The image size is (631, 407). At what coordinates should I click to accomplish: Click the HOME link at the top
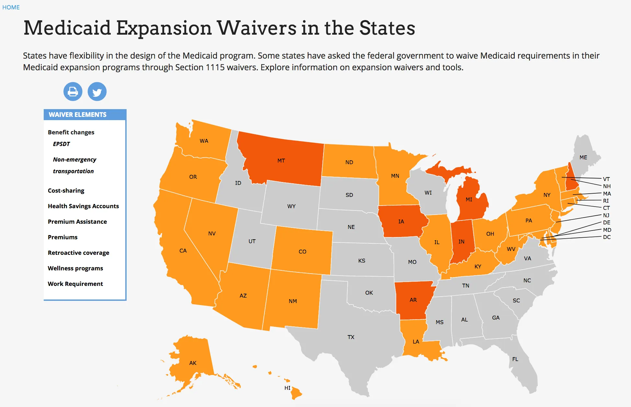tap(11, 7)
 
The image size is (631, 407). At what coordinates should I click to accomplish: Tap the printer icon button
tap(73, 92)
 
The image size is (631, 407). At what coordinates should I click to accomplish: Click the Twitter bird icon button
tap(97, 92)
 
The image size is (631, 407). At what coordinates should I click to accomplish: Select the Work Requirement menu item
tap(75, 284)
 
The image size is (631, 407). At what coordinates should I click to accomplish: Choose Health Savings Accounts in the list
tap(83, 206)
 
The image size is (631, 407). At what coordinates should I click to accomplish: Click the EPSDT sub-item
tap(61, 144)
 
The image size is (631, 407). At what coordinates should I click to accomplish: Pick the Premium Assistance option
tap(77, 221)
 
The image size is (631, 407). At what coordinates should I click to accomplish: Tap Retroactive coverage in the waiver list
tap(78, 253)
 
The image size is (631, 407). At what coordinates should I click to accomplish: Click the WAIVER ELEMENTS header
tap(77, 115)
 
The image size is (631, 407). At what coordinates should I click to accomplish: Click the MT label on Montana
tap(281, 161)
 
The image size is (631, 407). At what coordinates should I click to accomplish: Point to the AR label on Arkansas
tap(413, 300)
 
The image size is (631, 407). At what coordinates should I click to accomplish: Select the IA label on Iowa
tap(401, 221)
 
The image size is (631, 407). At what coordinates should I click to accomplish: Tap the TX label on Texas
tap(351, 337)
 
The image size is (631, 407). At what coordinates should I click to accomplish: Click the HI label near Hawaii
tap(287, 388)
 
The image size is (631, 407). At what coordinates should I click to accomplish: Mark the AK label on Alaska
tap(193, 363)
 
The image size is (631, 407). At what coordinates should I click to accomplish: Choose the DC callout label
tap(607, 237)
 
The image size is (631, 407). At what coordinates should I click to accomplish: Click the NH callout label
tap(607, 186)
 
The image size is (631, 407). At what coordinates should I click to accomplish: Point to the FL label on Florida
tap(515, 359)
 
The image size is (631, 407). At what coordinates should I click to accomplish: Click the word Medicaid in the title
tap(67, 28)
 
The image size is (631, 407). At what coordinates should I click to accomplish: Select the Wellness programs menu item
tap(75, 268)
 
